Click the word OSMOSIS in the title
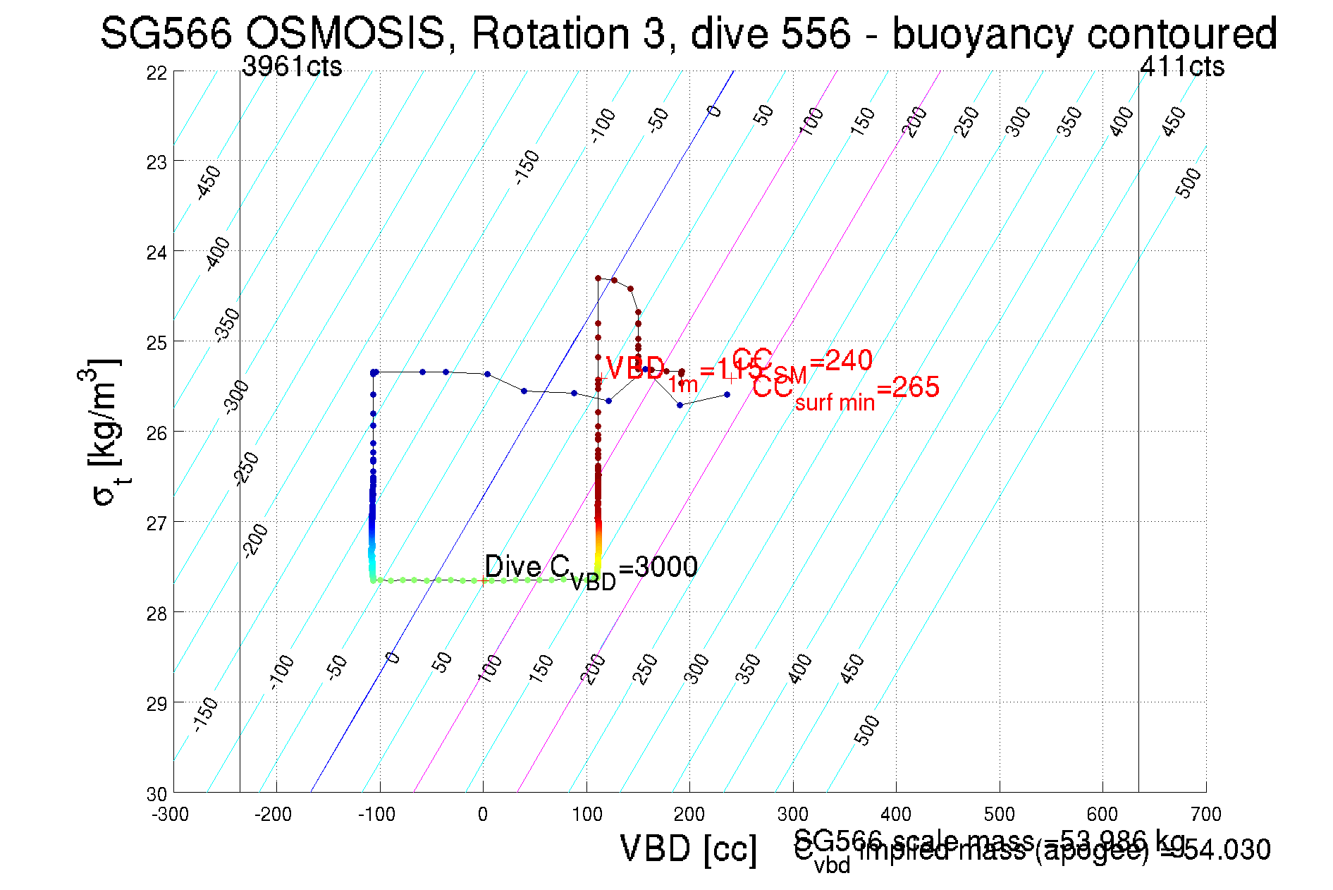(x=345, y=33)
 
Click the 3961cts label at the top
(x=292, y=66)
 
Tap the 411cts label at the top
(x=1182, y=66)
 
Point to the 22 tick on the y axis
(x=157, y=73)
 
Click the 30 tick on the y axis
(x=157, y=794)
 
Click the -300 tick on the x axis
(x=171, y=815)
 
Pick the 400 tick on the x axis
(x=896, y=815)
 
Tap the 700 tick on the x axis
(x=1205, y=815)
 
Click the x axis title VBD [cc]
(x=688, y=848)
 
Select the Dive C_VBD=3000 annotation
(x=591, y=568)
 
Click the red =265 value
(x=908, y=387)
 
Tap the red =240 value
(x=841, y=361)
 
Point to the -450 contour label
(x=209, y=183)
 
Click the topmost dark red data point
(x=598, y=278)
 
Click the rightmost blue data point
(x=727, y=394)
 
